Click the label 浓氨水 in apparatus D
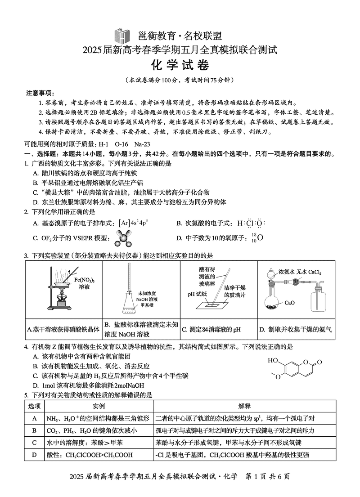[x=286, y=272]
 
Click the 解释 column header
[x=244, y=406]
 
